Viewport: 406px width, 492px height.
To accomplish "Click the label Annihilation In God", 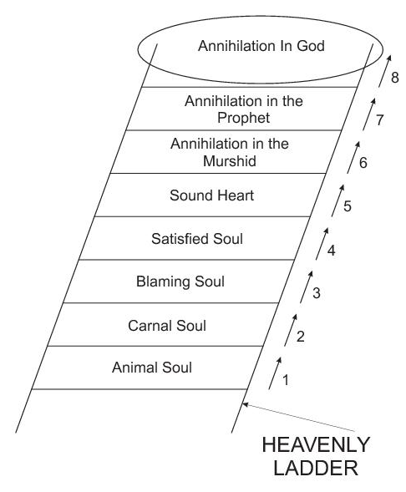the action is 261,46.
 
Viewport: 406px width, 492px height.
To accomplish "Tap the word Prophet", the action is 243,119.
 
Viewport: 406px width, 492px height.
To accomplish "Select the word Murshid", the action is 230,161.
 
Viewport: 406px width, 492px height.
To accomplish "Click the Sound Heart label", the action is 211,195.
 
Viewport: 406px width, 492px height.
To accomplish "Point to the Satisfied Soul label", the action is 197,238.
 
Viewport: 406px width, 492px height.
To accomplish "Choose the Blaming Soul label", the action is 180,282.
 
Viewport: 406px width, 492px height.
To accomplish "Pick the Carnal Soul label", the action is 167,326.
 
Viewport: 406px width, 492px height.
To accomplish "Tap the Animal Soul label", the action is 152,368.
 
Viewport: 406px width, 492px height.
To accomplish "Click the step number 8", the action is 395,78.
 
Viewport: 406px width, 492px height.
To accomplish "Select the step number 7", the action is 379,120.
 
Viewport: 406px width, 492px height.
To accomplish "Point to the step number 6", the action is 363,163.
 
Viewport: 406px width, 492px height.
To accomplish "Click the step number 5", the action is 348,206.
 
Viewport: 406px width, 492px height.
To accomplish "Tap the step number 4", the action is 332,251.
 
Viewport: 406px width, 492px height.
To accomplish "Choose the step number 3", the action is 317,292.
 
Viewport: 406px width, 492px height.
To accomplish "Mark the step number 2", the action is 301,337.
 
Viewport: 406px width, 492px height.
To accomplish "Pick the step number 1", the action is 285,380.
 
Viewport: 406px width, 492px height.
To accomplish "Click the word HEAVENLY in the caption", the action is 316,445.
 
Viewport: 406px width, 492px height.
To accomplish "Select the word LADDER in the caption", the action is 316,468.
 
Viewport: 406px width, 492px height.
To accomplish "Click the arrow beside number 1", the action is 275,373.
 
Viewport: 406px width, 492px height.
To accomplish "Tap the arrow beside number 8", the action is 384,71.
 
